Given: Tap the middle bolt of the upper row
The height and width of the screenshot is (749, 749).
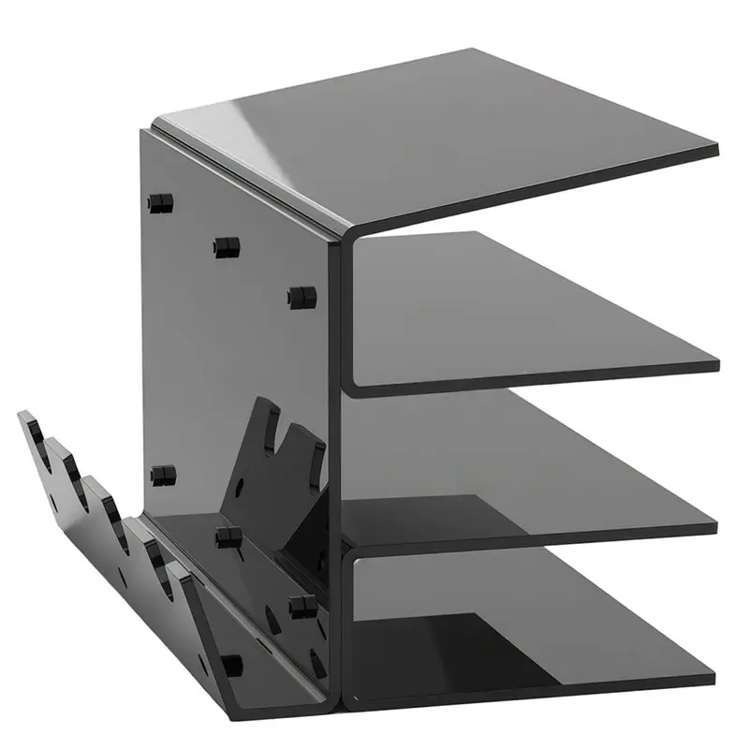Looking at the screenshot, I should tap(222, 247).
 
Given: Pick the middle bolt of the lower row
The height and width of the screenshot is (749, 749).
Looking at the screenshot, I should tap(225, 536).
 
